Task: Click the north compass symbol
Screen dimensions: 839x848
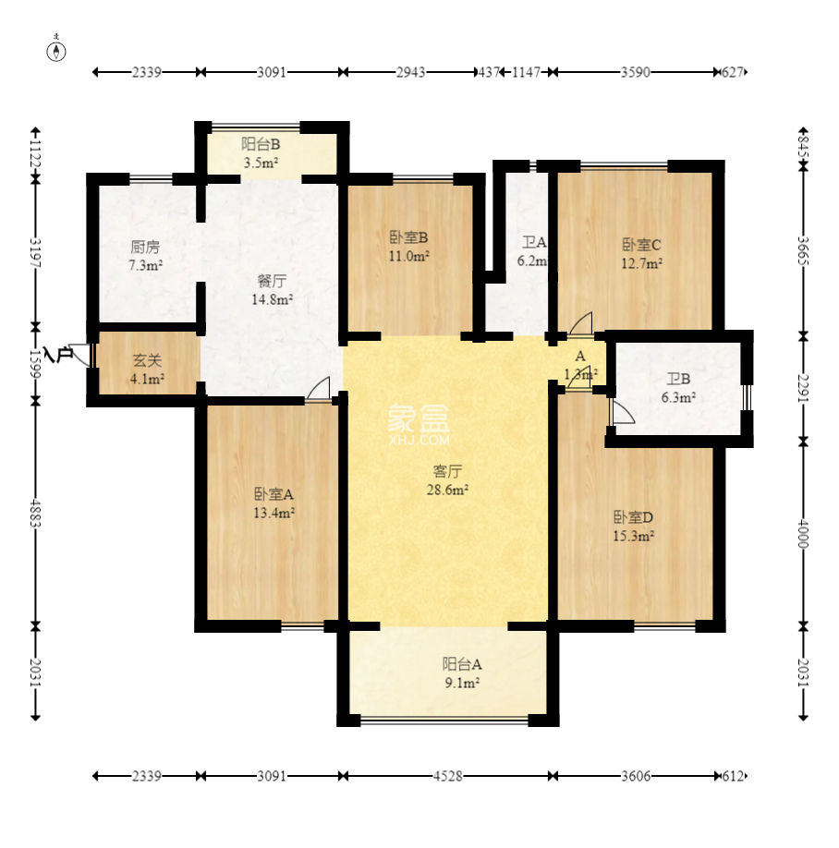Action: [x=56, y=50]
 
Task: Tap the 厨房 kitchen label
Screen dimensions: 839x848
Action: [x=145, y=248]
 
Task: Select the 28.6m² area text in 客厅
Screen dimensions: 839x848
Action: [x=447, y=490]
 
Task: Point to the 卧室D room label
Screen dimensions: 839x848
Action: [x=633, y=517]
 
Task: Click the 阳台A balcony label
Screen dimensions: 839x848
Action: [x=462, y=664]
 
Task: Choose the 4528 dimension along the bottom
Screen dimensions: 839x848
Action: [x=448, y=776]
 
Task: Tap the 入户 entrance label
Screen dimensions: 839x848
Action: [x=58, y=354]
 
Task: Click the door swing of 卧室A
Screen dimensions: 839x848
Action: [x=318, y=389]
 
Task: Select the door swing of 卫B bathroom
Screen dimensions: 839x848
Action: [x=622, y=412]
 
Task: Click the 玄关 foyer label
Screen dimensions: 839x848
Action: [x=147, y=360]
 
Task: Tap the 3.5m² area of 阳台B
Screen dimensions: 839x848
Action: [x=261, y=163]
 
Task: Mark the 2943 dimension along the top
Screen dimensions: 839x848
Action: [x=410, y=72]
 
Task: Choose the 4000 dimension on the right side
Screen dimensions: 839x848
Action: [x=803, y=534]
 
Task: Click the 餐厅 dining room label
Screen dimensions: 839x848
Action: [x=272, y=281]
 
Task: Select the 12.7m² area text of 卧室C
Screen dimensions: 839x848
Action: [x=642, y=263]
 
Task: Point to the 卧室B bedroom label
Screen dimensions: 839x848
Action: [x=409, y=237]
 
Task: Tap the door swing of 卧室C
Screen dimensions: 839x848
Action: [x=580, y=323]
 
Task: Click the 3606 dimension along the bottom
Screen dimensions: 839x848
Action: [x=636, y=776]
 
